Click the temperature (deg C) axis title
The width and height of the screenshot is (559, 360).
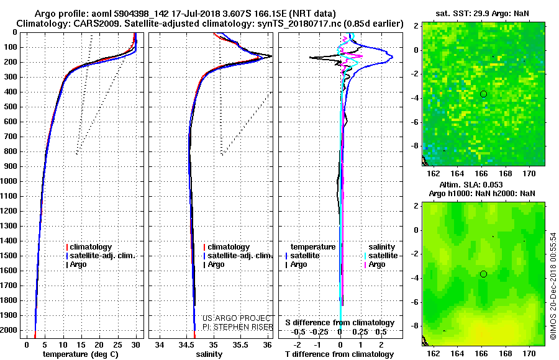tap(81, 354)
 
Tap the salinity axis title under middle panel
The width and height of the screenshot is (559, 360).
tap(209, 354)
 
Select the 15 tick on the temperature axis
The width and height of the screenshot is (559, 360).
tap(81, 344)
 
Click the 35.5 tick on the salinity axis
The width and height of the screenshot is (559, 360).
tap(240, 344)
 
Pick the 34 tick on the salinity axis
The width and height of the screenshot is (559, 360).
tap(160, 344)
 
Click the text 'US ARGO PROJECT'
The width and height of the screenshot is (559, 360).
tap(237, 318)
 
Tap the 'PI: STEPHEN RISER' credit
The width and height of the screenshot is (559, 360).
tap(237, 327)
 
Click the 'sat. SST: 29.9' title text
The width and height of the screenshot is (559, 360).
tap(462, 14)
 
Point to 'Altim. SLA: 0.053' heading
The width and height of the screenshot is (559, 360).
tap(471, 184)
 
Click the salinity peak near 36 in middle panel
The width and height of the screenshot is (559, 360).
tap(271, 56)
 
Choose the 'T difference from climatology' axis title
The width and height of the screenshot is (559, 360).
tap(339, 354)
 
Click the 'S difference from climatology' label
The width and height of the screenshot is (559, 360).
tap(340, 323)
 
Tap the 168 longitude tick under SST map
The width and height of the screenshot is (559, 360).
tap(505, 174)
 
